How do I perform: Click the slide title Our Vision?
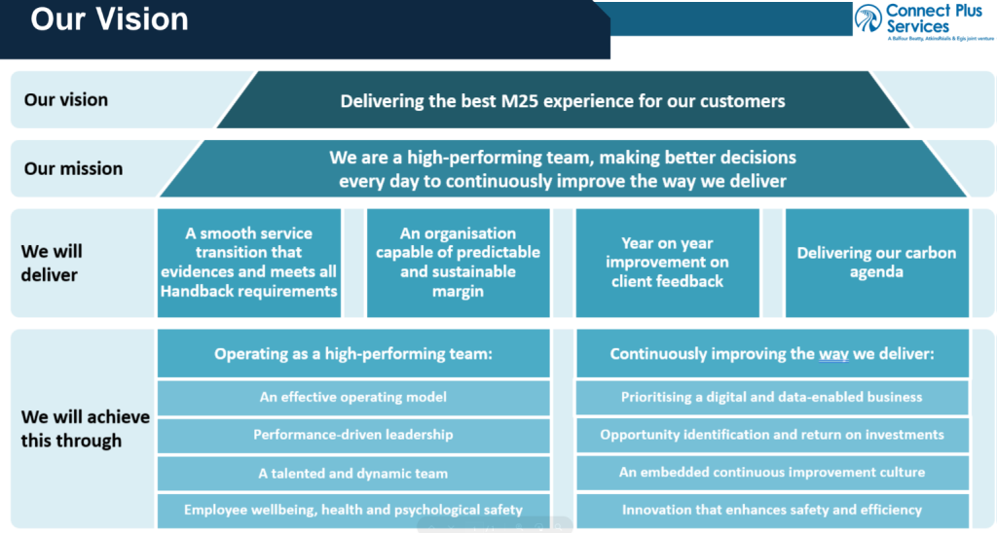(109, 19)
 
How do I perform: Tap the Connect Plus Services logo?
(922, 21)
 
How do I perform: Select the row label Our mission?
(73, 168)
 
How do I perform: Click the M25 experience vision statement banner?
(562, 100)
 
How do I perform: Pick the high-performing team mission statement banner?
(562, 168)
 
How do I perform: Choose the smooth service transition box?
(249, 263)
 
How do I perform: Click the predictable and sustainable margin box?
(458, 263)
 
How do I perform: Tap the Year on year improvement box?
(667, 263)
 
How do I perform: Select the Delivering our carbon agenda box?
(876, 263)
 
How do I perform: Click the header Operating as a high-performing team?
(353, 354)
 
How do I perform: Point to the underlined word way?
(833, 354)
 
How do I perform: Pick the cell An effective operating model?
(353, 397)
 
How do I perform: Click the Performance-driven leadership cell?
(353, 435)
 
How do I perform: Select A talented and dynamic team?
(353, 474)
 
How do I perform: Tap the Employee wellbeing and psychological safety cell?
(353, 509)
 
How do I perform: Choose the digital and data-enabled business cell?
(771, 397)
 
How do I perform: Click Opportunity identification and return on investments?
(771, 435)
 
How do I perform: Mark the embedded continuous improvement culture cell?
(771, 473)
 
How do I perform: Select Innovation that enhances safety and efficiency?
(771, 509)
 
